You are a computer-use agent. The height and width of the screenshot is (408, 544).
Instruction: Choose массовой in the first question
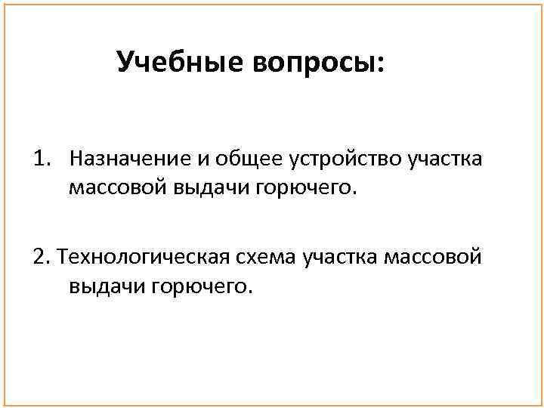click(x=113, y=187)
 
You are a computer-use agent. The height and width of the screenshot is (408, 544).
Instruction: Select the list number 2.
click(x=40, y=259)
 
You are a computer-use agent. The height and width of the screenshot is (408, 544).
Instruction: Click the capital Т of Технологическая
click(x=62, y=259)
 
